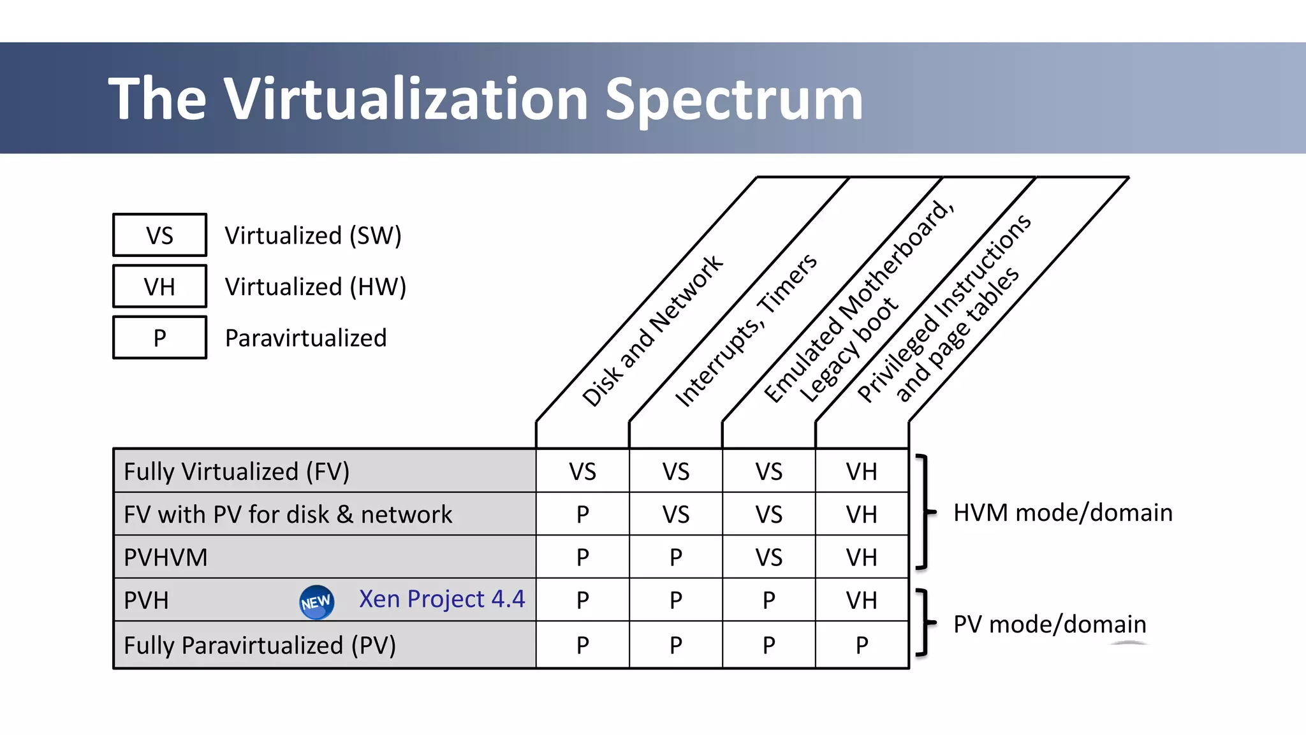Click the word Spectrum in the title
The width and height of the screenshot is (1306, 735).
(733, 99)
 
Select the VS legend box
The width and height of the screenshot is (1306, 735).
(159, 235)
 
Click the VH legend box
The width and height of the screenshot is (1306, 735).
(159, 287)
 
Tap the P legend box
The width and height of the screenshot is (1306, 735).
(159, 338)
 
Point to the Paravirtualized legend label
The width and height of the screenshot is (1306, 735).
(305, 338)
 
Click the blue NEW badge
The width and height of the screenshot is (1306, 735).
(316, 602)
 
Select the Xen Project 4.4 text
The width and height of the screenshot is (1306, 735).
(441, 599)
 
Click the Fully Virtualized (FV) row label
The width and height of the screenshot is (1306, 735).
(237, 472)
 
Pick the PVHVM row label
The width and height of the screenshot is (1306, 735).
(166, 557)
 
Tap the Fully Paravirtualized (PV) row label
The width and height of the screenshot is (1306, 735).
(260, 645)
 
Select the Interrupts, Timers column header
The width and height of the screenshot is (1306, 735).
(745, 330)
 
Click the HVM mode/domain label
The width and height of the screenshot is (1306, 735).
(1062, 513)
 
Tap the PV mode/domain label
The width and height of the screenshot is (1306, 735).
(1050, 624)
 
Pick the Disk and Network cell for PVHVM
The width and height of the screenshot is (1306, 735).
(582, 557)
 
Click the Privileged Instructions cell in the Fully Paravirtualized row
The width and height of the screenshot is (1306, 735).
(862, 645)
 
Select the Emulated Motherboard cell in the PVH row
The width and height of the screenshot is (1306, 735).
(768, 600)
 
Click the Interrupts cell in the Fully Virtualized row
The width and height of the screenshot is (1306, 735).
(675, 472)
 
